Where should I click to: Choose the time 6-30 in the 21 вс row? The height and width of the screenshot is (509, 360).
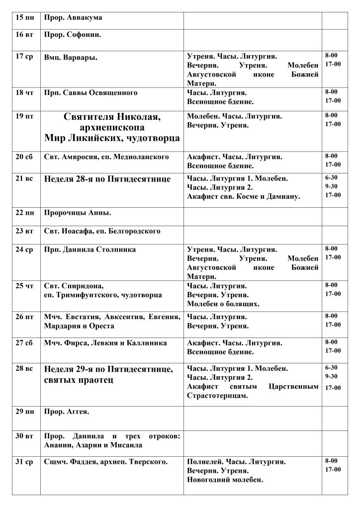(331, 177)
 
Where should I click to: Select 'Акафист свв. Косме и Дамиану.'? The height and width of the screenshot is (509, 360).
(243, 197)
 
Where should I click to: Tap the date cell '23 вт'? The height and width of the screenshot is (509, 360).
(24, 231)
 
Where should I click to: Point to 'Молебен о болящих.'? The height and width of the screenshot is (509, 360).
(223, 304)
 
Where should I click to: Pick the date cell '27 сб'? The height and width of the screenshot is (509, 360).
(24, 343)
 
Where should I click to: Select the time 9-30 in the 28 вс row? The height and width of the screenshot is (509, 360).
(331, 376)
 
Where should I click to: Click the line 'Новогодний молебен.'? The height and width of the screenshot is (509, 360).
(225, 480)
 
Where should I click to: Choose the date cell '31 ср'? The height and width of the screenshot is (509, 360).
(24, 462)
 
